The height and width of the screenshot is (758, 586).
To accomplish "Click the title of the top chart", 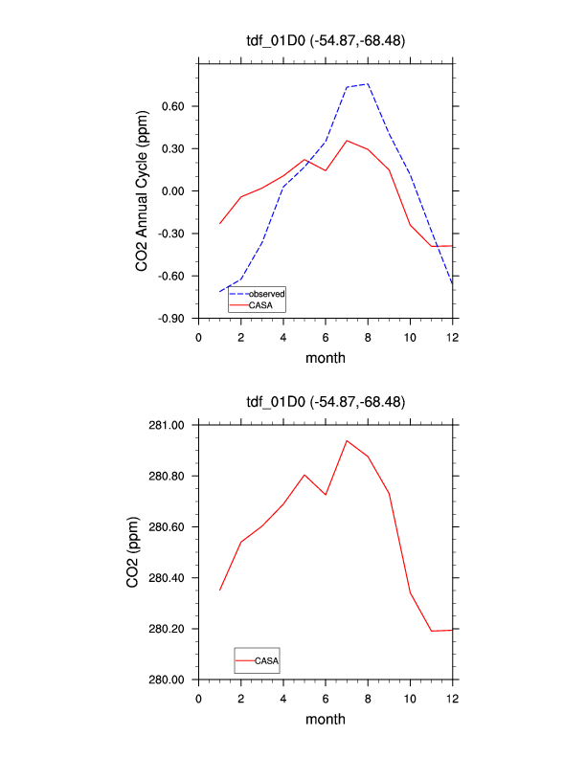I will click(x=326, y=39).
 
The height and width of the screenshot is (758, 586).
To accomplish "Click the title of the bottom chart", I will click(x=326, y=402).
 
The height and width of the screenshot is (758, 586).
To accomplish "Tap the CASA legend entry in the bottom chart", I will click(x=266, y=660).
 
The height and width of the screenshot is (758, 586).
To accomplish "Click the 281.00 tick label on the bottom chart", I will click(x=169, y=425).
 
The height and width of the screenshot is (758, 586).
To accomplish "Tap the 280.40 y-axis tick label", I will click(x=169, y=578).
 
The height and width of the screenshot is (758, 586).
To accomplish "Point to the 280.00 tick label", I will click(x=169, y=680).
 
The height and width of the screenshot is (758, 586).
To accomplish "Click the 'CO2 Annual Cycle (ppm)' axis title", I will click(x=142, y=191).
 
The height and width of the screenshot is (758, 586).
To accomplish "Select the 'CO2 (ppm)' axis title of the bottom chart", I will click(x=133, y=552).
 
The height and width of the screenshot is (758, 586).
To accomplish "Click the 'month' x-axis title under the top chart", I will click(x=326, y=358).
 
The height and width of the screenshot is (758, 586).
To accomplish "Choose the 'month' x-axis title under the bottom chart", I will click(x=326, y=719).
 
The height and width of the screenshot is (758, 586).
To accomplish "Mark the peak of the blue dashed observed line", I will click(x=368, y=83).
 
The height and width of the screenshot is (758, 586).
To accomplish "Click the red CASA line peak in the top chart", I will click(x=347, y=141).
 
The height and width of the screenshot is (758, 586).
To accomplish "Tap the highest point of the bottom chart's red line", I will click(x=347, y=441).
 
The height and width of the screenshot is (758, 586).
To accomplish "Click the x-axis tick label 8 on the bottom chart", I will click(x=368, y=698).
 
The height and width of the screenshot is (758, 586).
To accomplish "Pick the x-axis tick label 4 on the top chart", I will click(x=283, y=337).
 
